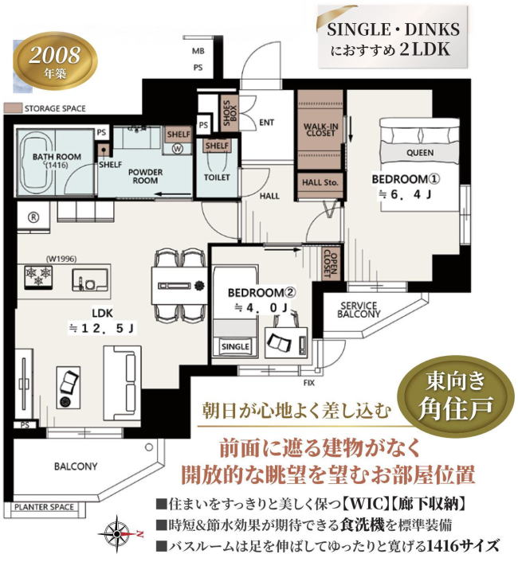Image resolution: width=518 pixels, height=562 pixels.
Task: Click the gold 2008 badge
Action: pos(55,61)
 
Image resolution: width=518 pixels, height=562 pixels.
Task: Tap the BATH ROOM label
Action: pos(57,157)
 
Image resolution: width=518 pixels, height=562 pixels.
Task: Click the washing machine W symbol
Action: pos(178,148)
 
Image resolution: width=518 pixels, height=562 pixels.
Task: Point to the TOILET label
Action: pos(217,177)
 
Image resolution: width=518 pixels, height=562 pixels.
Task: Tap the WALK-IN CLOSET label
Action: pos(320,130)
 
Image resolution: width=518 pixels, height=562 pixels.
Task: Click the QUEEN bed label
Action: pos(420,153)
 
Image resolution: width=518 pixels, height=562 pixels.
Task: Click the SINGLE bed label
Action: pos(235,346)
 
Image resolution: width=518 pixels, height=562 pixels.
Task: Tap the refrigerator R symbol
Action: pos(33,217)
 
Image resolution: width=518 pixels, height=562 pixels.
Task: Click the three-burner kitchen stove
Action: pos(38,276)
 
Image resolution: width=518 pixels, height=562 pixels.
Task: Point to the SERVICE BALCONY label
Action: pos(359,310)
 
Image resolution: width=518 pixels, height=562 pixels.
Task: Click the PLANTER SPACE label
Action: pos(44,508)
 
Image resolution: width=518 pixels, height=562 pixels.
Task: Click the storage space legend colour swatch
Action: pos(13,108)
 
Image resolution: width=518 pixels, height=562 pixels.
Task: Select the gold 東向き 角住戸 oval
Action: pos(457,396)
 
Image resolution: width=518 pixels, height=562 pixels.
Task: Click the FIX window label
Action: pos(309,383)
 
